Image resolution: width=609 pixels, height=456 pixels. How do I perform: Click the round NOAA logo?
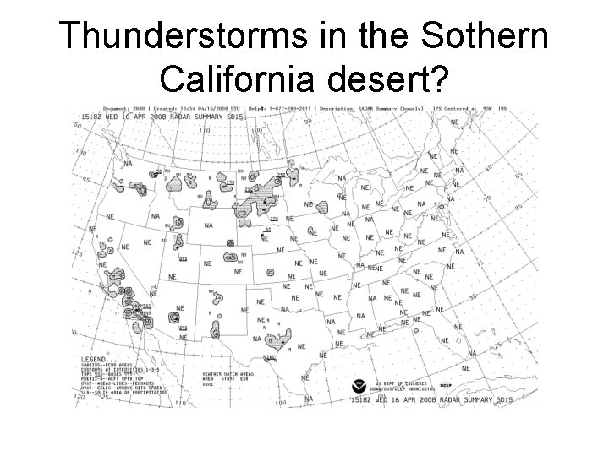[365, 384]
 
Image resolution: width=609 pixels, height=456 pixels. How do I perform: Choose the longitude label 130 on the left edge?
[81, 154]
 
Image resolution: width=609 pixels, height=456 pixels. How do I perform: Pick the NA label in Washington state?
[127, 164]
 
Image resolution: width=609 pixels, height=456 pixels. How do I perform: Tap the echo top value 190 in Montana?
[230, 182]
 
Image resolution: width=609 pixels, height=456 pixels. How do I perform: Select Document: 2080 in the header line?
[123, 109]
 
